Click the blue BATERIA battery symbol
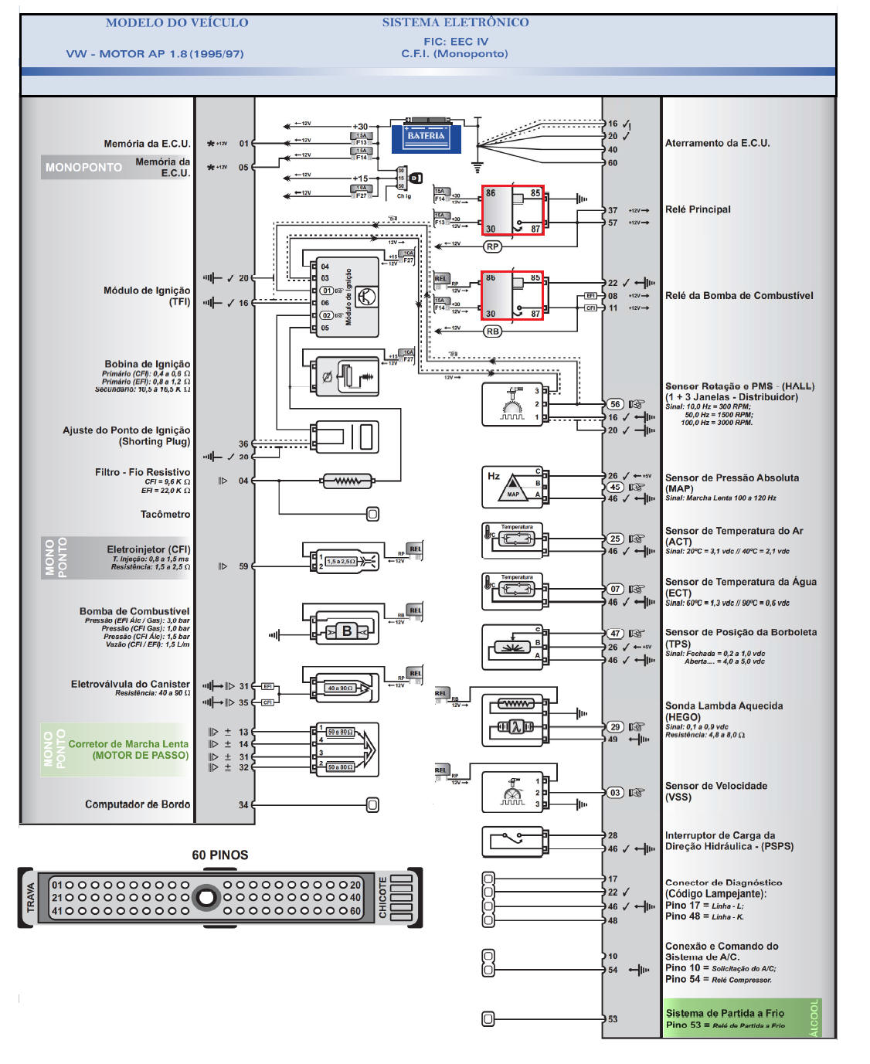[x=426, y=137]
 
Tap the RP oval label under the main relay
[x=492, y=246]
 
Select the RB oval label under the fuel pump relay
[x=492, y=331]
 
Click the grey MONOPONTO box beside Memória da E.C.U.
[x=83, y=167]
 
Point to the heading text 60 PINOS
[x=220, y=855]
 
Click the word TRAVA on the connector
[x=31, y=897]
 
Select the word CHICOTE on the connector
[x=382, y=897]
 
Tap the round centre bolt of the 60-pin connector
[x=206, y=897]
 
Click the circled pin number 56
[x=615, y=404]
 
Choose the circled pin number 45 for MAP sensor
[x=615, y=487]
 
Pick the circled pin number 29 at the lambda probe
[x=615, y=726]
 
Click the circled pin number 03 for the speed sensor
[x=615, y=792]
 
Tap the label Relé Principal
[x=698, y=209]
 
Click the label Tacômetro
[x=165, y=514]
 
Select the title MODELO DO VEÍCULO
[x=177, y=23]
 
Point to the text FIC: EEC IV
[x=456, y=42]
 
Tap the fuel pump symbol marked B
[x=347, y=631]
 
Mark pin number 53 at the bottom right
[x=613, y=1019]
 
